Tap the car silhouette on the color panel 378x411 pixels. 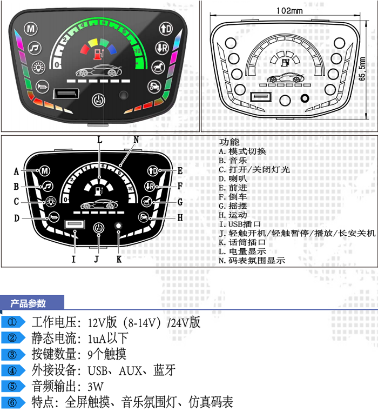pos(100,71)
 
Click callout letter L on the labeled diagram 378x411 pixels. pos(99,140)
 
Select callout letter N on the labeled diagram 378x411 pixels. pos(136,140)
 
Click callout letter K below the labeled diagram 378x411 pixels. pos(119,259)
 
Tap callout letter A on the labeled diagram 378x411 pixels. pos(16,171)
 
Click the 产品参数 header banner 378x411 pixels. pos(29,303)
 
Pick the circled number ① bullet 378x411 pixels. pos(13,323)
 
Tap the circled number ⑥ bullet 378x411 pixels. pos(13,402)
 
